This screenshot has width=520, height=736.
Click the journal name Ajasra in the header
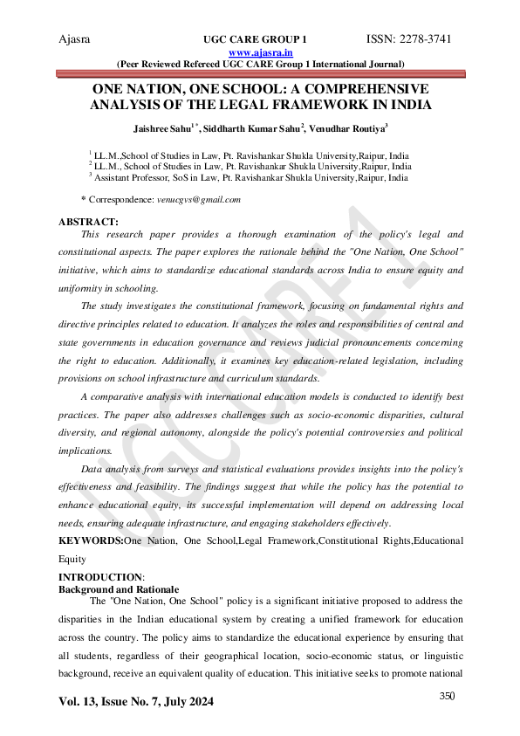(x=74, y=39)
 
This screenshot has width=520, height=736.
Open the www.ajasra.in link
(x=259, y=52)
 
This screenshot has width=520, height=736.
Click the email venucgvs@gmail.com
(x=199, y=200)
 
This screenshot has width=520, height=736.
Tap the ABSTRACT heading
(x=87, y=222)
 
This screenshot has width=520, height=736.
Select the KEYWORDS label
(x=90, y=541)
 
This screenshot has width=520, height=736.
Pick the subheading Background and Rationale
(x=118, y=589)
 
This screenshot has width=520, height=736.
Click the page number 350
(x=448, y=695)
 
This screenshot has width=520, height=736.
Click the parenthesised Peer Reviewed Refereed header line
(x=260, y=64)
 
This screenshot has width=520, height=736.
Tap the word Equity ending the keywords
(x=72, y=556)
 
